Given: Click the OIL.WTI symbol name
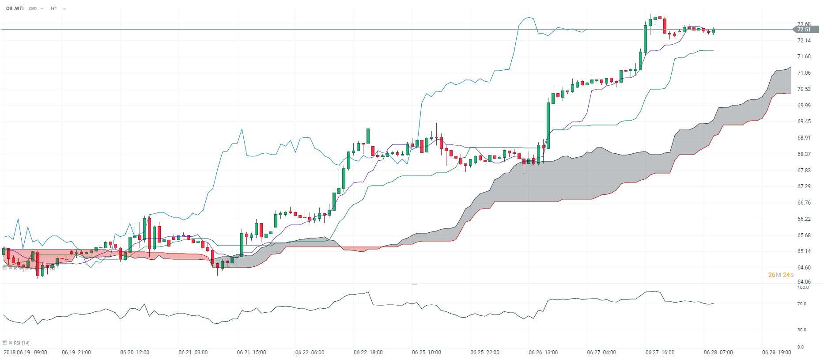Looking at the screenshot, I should point(15,8).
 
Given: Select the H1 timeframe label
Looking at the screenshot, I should point(54,8).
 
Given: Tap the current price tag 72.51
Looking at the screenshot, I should point(804,30).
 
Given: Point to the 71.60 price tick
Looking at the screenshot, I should point(804,57).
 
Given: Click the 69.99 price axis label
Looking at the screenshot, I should point(804,106).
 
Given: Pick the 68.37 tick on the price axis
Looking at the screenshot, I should point(804,154).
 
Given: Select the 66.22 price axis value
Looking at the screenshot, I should point(804,219).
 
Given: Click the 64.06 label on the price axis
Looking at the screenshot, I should point(804,282).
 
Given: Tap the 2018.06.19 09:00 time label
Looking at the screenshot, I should point(26,352).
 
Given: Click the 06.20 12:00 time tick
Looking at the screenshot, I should point(135,352).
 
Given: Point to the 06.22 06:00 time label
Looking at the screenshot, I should point(310,352).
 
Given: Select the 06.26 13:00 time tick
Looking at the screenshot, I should point(543,352).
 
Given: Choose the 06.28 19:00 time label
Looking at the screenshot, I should point(776,352).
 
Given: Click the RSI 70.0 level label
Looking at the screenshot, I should point(801,304).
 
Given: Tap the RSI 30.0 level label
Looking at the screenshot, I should point(801,330).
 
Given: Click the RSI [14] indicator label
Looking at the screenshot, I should point(21,343).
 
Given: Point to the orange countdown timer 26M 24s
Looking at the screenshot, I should point(781,275).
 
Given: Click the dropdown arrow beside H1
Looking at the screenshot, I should point(64,9).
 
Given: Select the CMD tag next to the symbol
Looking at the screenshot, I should point(33,8).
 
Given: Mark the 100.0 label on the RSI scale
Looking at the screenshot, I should point(803,288).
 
